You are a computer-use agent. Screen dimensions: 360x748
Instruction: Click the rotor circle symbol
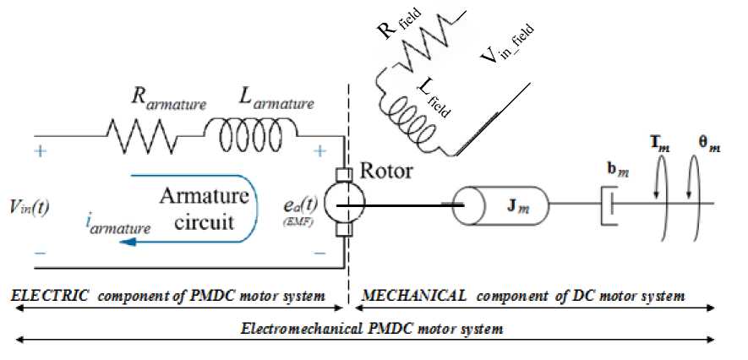click(347, 204)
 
